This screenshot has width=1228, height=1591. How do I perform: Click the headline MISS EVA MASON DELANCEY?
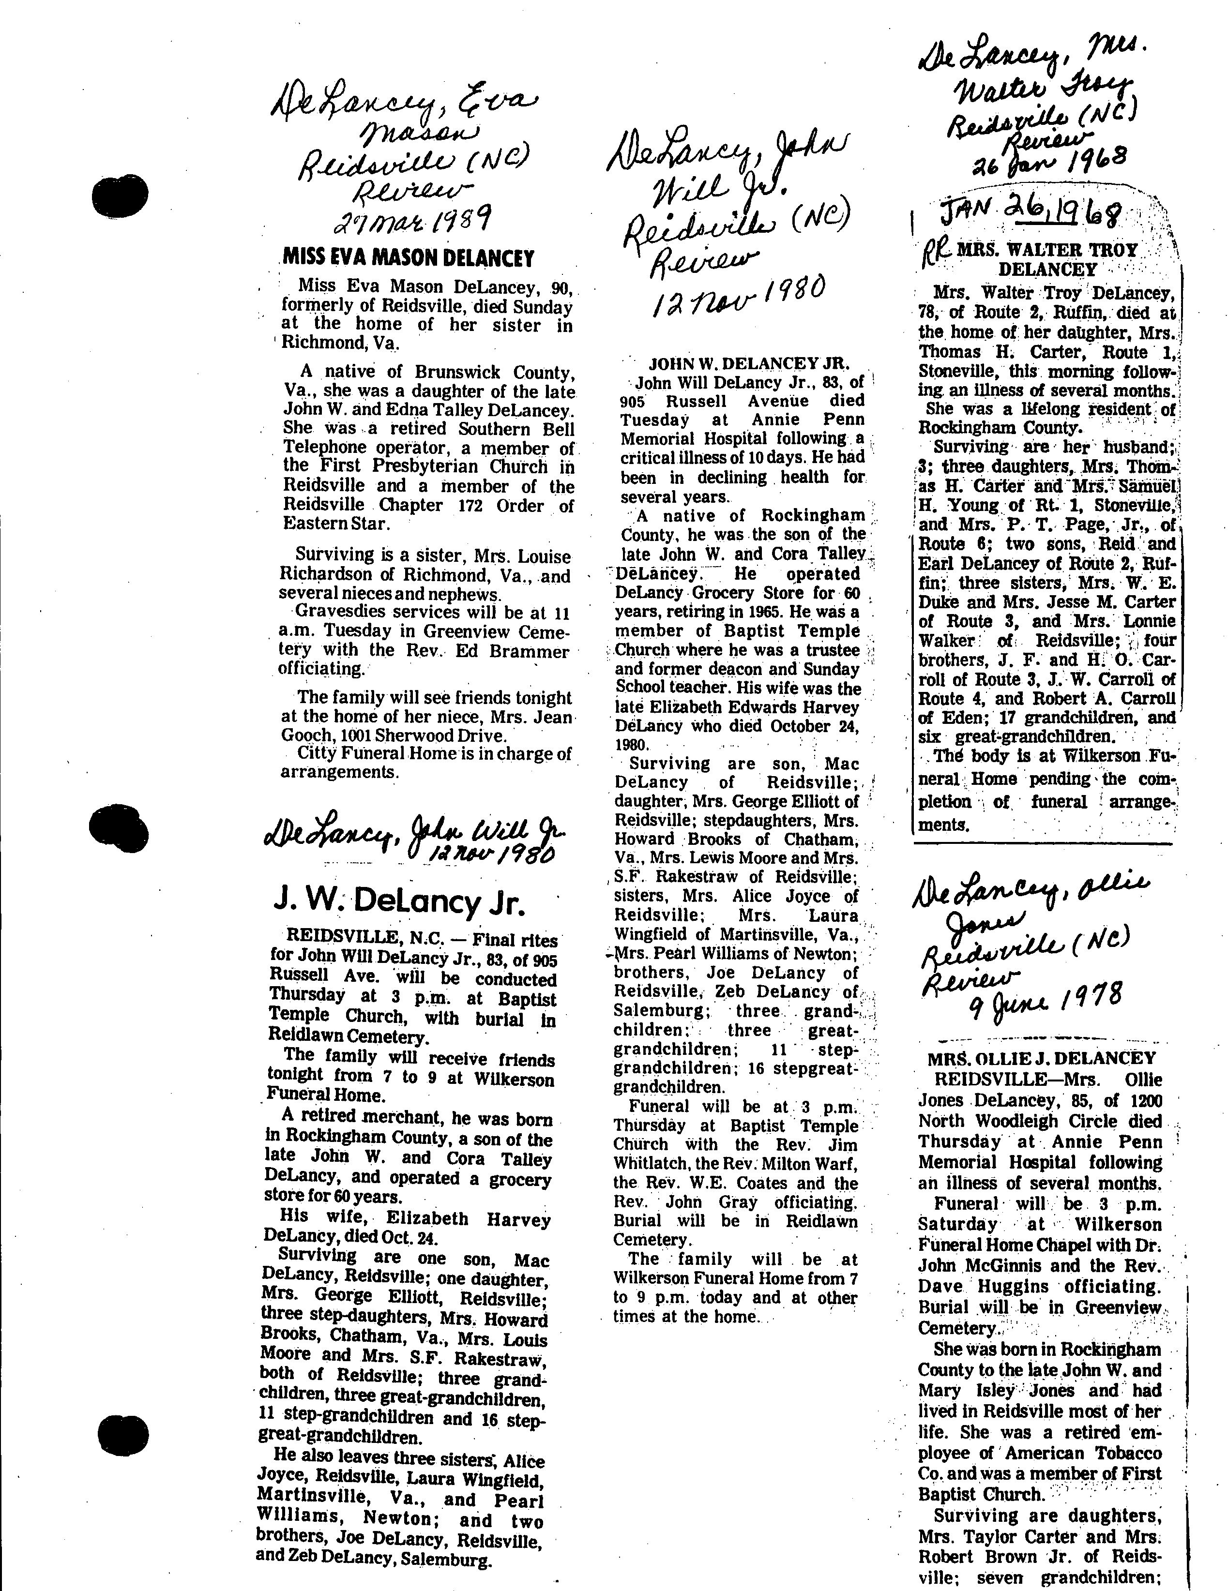[x=408, y=258]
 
